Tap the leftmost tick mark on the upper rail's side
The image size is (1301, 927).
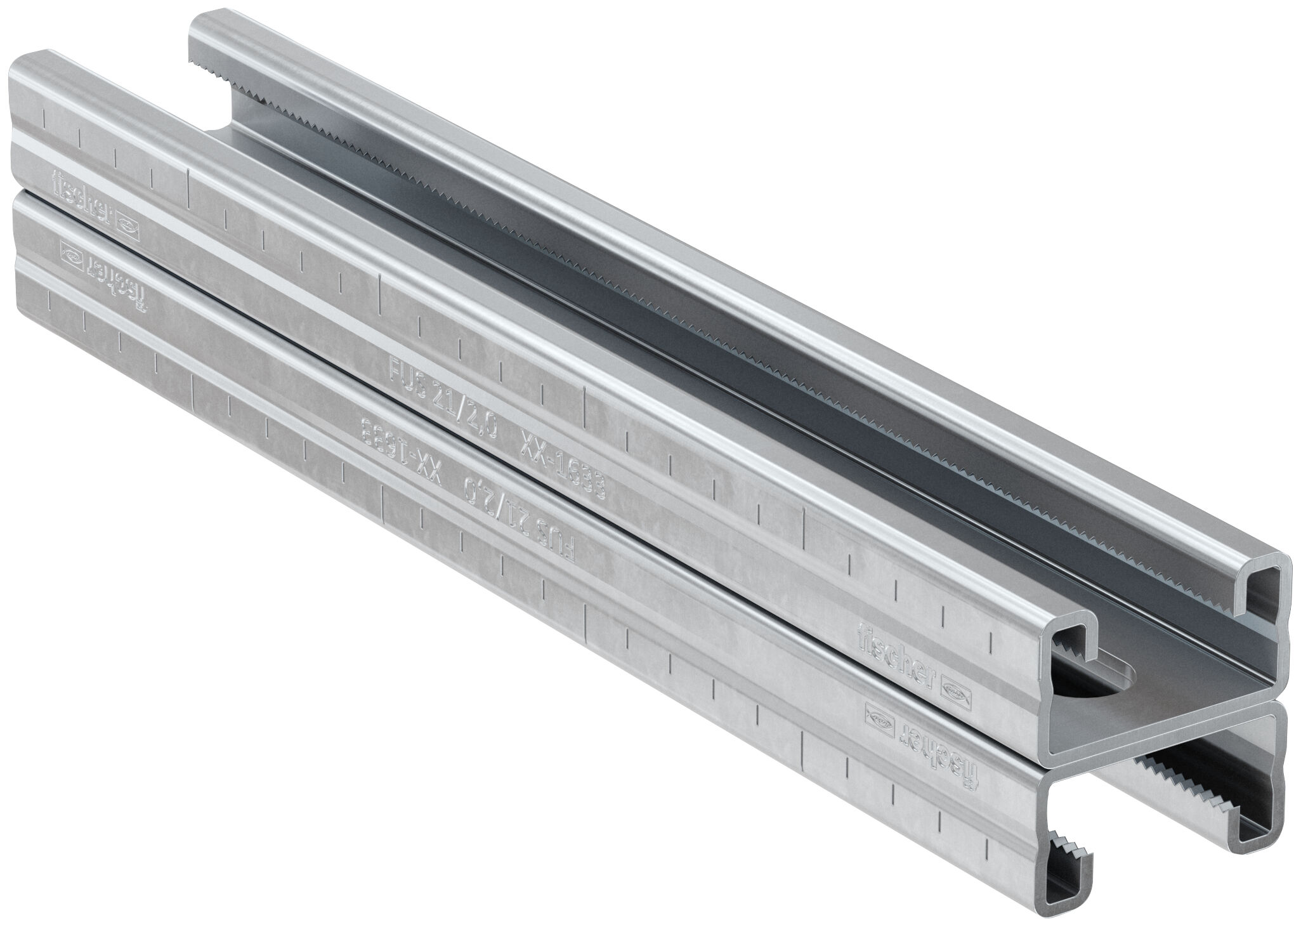pos(44,116)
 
